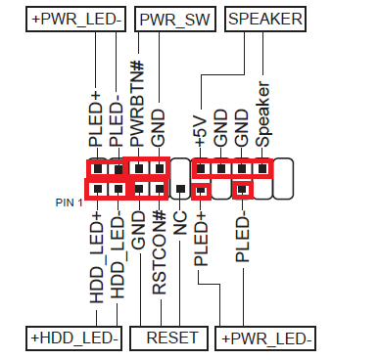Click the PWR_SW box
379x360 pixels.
click(x=175, y=19)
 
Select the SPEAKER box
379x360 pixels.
click(x=265, y=19)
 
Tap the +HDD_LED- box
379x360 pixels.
click(x=73, y=338)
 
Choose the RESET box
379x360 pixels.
click(x=168, y=338)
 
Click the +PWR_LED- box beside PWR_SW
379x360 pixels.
click(x=75, y=19)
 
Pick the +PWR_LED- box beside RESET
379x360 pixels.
click(x=265, y=338)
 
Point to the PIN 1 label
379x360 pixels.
click(x=69, y=202)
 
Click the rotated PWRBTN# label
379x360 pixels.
click(x=137, y=104)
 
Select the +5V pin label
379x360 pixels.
click(x=201, y=131)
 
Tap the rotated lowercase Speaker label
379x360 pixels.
click(x=262, y=114)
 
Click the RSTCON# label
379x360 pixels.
click(x=160, y=252)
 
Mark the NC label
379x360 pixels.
click(x=180, y=223)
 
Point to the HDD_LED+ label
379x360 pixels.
click(x=97, y=257)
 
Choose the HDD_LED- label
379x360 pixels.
click(x=118, y=255)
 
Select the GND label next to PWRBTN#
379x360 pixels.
click(x=159, y=128)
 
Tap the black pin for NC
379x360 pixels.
click(x=180, y=189)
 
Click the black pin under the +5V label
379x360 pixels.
click(x=201, y=168)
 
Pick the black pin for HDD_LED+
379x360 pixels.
click(x=98, y=189)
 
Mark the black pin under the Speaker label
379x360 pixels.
click(x=262, y=168)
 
